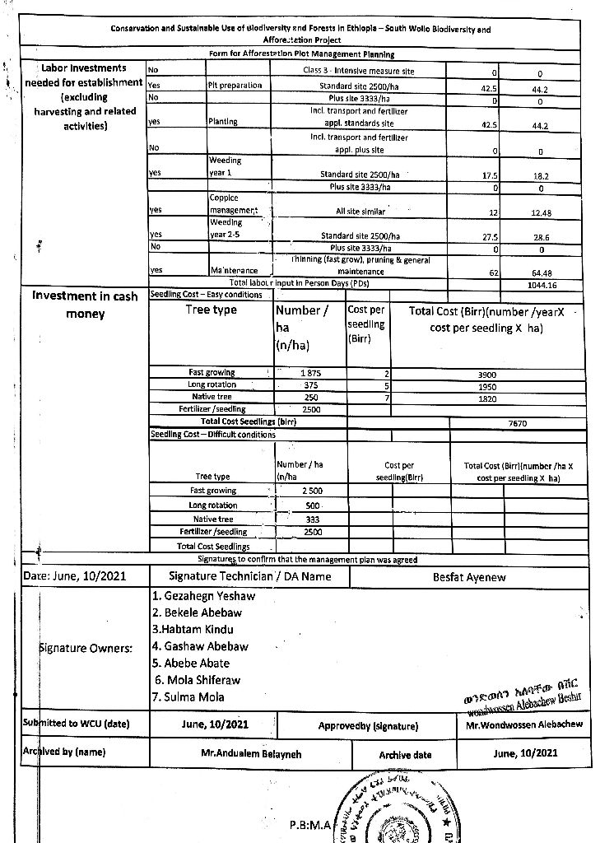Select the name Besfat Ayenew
(469, 577)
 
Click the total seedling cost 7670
(518, 423)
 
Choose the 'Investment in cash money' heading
(85, 305)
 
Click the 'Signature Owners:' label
(86, 649)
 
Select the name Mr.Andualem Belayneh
(251, 753)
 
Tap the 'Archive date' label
(405, 755)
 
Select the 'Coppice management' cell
(233, 204)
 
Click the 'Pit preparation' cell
(235, 85)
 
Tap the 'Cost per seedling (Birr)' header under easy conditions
(366, 324)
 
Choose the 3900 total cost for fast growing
(486, 373)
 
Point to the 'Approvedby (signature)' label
(368, 726)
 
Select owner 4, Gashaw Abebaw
(201, 647)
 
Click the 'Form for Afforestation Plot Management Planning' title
(301, 54)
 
